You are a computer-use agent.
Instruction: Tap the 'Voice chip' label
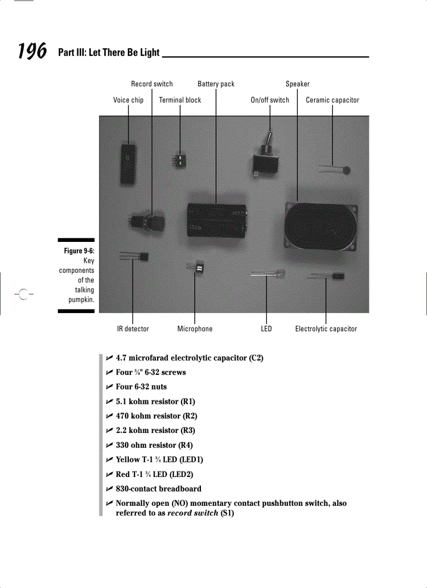[x=128, y=100]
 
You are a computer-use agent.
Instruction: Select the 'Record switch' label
[x=152, y=84]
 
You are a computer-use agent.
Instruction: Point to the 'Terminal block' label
[x=180, y=100]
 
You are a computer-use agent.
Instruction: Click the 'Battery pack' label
[x=216, y=84]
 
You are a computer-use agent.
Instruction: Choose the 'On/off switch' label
[x=270, y=100]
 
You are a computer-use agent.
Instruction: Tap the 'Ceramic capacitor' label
[x=332, y=100]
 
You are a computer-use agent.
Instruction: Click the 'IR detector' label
[x=133, y=329]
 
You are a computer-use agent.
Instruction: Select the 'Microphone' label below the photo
[x=195, y=329]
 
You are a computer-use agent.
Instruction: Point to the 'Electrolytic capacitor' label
[x=326, y=329]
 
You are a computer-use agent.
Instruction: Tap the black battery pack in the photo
[x=217, y=220]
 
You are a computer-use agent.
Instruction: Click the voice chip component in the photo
[x=127, y=163]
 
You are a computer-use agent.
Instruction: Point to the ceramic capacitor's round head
[x=345, y=169]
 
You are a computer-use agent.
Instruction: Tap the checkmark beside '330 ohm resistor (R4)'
[x=109, y=445]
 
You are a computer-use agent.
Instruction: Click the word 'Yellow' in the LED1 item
[x=128, y=460]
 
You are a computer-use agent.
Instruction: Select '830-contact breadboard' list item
[x=159, y=489]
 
